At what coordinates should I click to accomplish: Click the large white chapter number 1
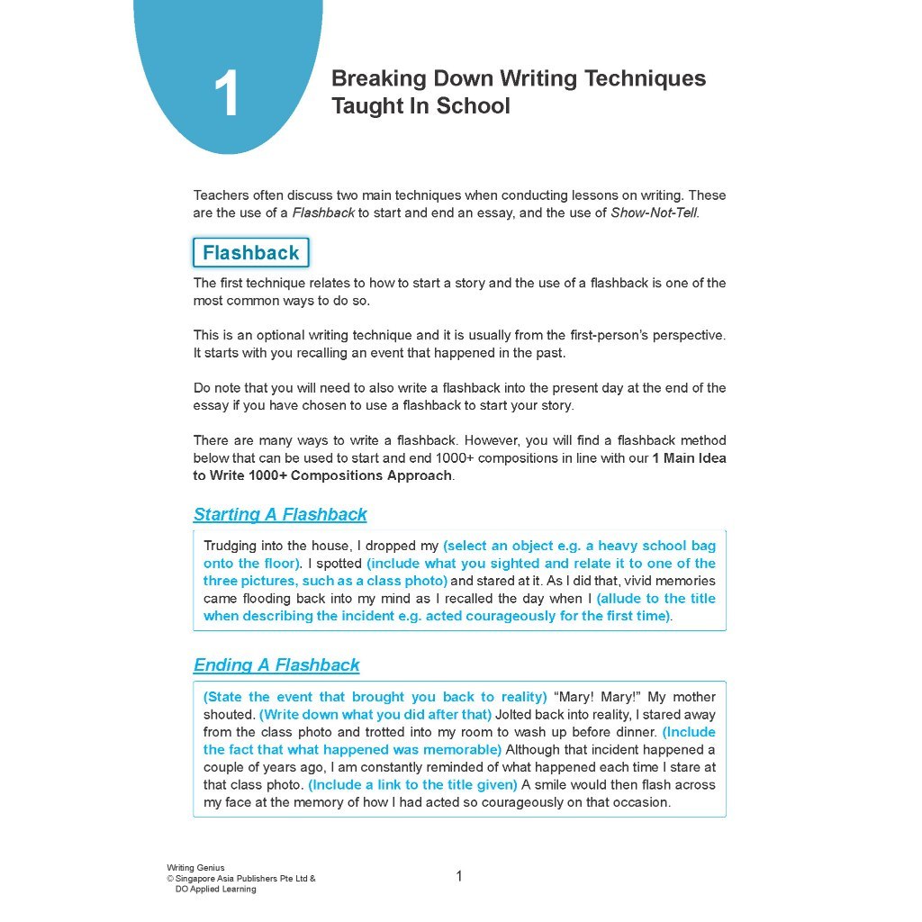coord(227,95)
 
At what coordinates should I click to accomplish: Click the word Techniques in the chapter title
coord(646,78)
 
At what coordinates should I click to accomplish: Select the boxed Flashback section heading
coord(250,253)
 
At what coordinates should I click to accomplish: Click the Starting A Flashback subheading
coord(280,515)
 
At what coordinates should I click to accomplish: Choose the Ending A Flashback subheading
coord(276,665)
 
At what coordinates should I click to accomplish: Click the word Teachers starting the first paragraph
coord(221,195)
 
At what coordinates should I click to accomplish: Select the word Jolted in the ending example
coord(516,715)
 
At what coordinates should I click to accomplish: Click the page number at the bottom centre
coord(459,876)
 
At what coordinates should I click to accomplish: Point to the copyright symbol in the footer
coord(170,879)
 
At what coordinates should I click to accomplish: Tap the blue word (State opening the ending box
coord(223,697)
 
